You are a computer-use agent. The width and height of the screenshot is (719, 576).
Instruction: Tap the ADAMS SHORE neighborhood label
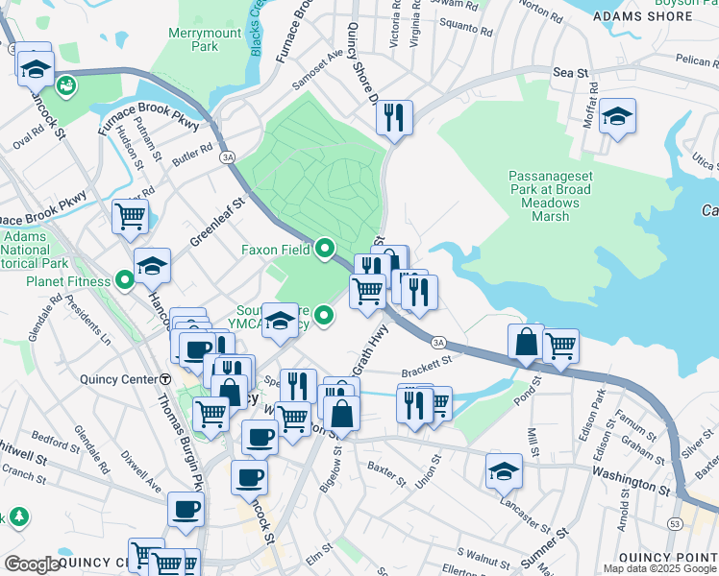point(643,16)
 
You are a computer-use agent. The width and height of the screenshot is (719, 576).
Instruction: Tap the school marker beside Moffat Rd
point(617,117)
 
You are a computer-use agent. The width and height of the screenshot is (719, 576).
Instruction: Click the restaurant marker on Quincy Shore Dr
point(394,118)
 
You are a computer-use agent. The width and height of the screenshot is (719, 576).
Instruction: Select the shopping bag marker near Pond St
point(527,342)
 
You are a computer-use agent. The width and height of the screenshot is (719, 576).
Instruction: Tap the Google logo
point(34,564)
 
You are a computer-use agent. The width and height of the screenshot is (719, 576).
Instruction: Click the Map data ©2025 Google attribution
point(659,568)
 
